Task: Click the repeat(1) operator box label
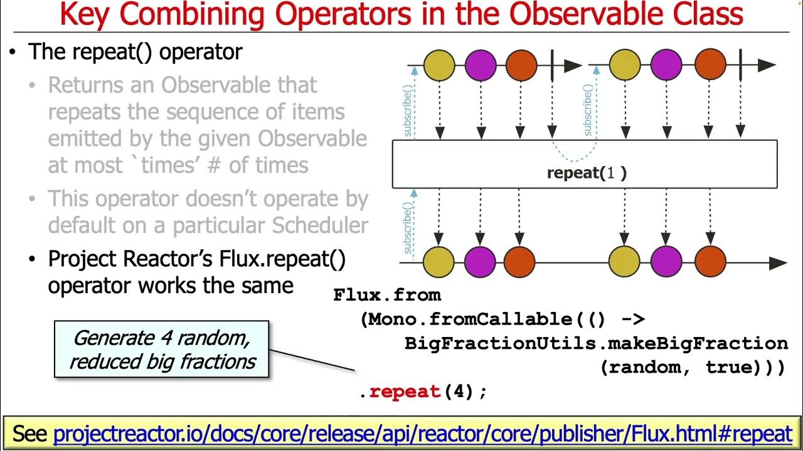click(x=587, y=174)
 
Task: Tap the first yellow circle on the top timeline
click(x=439, y=65)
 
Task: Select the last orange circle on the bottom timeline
click(x=710, y=262)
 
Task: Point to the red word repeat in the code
click(x=405, y=392)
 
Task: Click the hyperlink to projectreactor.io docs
click(x=422, y=433)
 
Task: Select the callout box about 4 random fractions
click(x=162, y=350)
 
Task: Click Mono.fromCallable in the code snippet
click(x=467, y=319)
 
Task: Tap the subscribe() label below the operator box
click(x=408, y=226)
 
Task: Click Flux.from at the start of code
click(x=387, y=295)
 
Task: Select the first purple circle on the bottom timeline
click(x=481, y=262)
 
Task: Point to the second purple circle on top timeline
click(x=666, y=65)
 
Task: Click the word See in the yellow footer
click(x=31, y=433)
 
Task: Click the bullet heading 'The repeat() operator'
click(x=135, y=51)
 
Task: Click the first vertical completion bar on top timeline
click(x=552, y=65)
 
